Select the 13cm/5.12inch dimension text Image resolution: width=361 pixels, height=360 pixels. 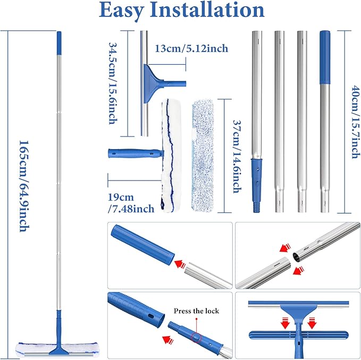pos(192,49)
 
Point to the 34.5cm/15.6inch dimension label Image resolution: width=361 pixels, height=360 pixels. pos(113,83)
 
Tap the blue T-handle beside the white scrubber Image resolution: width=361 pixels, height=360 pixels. pos(133,155)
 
